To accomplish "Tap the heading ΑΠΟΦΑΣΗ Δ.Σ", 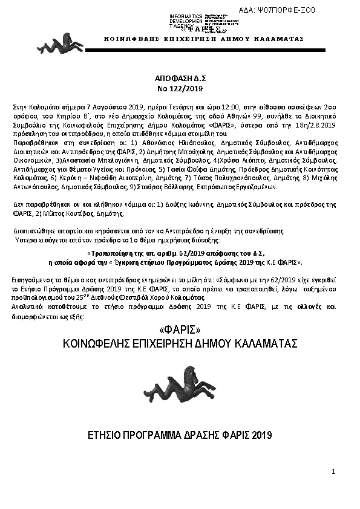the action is click(180, 79).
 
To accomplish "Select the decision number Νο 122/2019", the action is click(180, 88).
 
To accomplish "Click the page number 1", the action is click(333, 471).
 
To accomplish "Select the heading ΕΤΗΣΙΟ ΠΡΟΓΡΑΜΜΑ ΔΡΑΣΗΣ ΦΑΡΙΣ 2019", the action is click(180, 435).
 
